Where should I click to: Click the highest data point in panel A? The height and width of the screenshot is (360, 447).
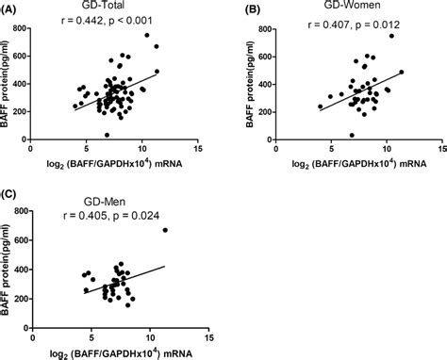[147, 36]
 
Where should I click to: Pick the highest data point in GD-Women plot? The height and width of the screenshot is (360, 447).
[391, 36]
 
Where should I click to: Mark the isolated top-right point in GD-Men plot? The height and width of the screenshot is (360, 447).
[165, 230]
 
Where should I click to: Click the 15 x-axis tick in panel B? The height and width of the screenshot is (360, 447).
[440, 149]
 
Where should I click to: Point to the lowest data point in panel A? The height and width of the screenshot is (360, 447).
[107, 135]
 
